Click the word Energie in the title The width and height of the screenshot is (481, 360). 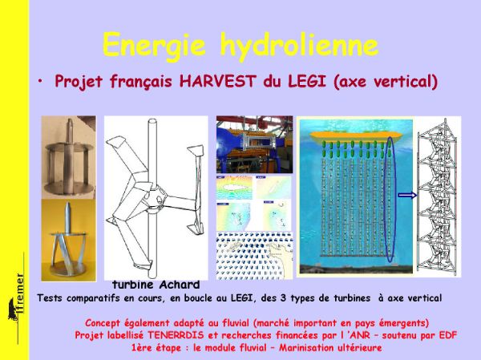coord(154,46)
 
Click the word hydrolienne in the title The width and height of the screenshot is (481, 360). coord(299,46)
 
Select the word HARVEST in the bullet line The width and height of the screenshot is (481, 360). coord(217,81)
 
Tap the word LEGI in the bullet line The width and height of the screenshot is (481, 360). coord(307,81)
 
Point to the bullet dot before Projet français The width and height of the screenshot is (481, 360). coord(40,81)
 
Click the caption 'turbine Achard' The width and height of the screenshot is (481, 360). coord(156,285)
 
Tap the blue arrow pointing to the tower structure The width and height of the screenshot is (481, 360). coord(407,195)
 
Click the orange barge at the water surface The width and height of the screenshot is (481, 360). coord(356,137)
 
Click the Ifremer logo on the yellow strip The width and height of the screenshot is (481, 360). coord(17,297)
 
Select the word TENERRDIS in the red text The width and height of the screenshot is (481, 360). coord(176,335)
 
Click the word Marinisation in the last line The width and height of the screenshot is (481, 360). coord(307,348)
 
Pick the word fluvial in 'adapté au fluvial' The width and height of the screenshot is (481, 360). coord(235,323)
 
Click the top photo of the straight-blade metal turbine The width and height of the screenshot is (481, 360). coord(68,157)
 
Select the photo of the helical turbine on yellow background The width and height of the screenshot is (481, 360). coord(68,240)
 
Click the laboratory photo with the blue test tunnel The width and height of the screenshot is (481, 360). coord(254,144)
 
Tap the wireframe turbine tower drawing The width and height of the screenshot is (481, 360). coord(438,196)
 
